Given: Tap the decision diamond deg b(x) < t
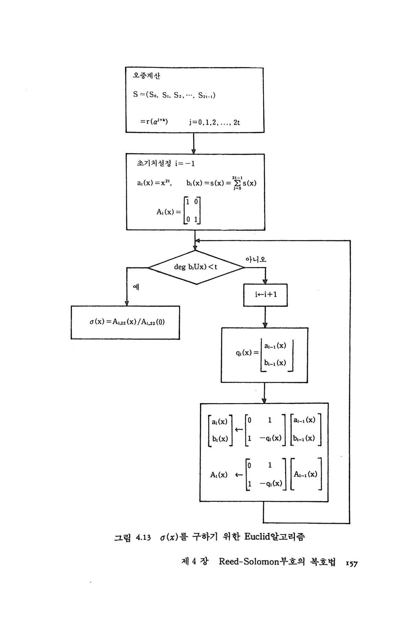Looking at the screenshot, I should (x=196, y=267).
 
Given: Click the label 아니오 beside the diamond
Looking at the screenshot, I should (x=256, y=259).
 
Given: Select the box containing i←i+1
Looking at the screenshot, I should (x=265, y=295).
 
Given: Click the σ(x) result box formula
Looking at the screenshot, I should (x=125, y=322).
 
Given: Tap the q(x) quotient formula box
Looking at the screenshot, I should (x=264, y=355).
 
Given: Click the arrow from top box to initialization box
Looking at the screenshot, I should (x=194, y=143).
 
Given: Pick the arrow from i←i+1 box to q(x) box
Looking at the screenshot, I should (x=265, y=317).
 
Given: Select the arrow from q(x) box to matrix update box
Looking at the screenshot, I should (x=264, y=393).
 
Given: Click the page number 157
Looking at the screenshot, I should (x=351, y=563).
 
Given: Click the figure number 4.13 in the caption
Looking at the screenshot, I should (x=143, y=537).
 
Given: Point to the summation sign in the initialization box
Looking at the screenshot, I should (x=236, y=183).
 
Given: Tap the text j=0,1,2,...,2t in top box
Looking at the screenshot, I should (x=214, y=122).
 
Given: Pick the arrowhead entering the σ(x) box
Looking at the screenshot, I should (x=127, y=303).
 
